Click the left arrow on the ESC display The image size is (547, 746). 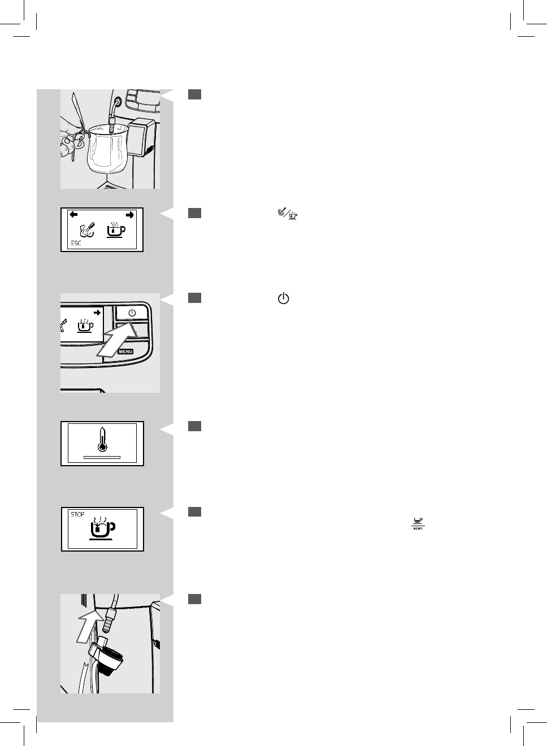[73, 215]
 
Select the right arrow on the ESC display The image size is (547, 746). [130, 215]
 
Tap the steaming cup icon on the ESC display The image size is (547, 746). [116, 230]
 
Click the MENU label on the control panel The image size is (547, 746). [125, 352]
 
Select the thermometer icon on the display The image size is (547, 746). [102, 440]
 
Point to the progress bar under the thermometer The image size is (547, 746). [102, 456]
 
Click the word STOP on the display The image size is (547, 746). [77, 515]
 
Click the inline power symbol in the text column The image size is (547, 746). [284, 299]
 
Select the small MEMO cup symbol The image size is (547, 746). [418, 523]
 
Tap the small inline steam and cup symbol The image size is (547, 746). [287, 214]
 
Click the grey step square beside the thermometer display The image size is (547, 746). [194, 426]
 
